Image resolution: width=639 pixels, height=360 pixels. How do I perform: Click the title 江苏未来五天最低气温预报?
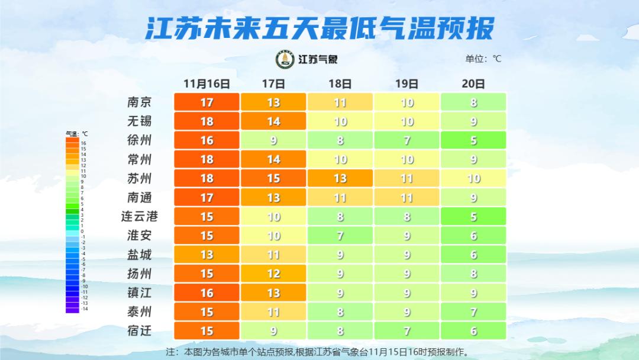pyautogui.click(x=319, y=28)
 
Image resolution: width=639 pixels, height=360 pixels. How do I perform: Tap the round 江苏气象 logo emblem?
pyautogui.click(x=285, y=59)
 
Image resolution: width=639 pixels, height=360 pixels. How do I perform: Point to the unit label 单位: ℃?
pyautogui.click(x=483, y=59)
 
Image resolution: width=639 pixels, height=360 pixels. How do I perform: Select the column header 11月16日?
pyautogui.click(x=206, y=83)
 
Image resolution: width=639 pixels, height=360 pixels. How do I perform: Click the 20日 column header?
pyautogui.click(x=473, y=83)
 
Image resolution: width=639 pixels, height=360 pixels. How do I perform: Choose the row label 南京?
pyautogui.click(x=140, y=102)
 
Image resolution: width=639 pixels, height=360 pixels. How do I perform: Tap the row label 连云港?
pyautogui.click(x=140, y=216)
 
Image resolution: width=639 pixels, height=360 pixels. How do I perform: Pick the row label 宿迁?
pyautogui.click(x=140, y=330)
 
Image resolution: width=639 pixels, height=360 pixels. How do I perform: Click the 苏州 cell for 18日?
pyautogui.click(x=340, y=178)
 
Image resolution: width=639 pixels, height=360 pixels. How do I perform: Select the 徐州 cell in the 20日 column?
pyautogui.click(x=473, y=140)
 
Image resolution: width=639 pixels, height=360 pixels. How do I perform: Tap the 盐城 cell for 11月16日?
pyautogui.click(x=206, y=255)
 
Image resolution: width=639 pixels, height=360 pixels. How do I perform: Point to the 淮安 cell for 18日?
pyautogui.click(x=340, y=236)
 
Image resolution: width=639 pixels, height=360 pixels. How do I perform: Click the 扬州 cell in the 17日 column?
pyautogui.click(x=273, y=274)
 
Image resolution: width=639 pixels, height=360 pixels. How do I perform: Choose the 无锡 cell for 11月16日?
pyautogui.click(x=206, y=121)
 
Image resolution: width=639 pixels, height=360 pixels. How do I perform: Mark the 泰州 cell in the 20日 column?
pyautogui.click(x=473, y=311)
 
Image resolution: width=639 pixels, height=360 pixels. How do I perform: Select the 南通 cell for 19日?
pyautogui.click(x=407, y=197)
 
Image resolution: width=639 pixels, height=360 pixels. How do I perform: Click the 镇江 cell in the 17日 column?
pyautogui.click(x=273, y=292)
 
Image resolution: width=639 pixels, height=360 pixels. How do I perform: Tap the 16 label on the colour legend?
pyautogui.click(x=83, y=143)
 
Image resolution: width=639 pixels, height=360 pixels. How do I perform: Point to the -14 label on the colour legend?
pyautogui.click(x=83, y=309)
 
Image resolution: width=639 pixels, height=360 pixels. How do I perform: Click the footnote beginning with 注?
pyautogui.click(x=318, y=352)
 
